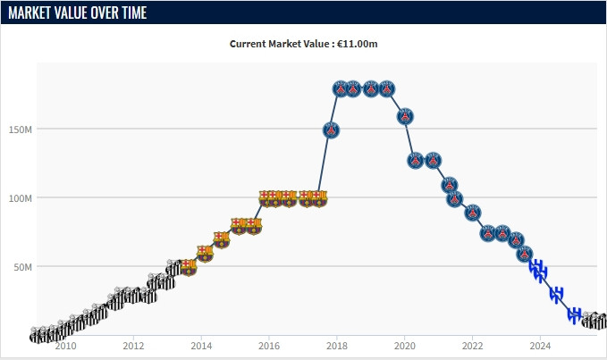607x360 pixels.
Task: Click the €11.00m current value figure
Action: [x=357, y=44]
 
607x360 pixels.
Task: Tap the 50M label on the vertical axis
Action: [x=21, y=266]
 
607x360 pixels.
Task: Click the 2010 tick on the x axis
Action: [x=65, y=346]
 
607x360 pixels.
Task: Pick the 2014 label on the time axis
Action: [x=201, y=346]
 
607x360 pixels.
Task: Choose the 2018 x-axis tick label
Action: [x=337, y=346]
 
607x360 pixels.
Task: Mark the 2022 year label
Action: [x=472, y=346]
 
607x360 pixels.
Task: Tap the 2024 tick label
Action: [x=540, y=346]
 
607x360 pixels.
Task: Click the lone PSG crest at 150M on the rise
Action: [x=331, y=130]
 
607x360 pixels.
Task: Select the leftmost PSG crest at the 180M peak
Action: [x=341, y=88]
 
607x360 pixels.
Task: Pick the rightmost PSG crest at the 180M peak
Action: [x=387, y=88]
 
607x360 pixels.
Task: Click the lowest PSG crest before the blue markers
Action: [x=525, y=254]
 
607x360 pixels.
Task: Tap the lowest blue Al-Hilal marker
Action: [x=575, y=314]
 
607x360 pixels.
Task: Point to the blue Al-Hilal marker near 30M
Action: [x=556, y=294]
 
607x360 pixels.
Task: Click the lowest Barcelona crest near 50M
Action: [x=188, y=267]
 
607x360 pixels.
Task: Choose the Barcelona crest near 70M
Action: [x=221, y=239]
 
